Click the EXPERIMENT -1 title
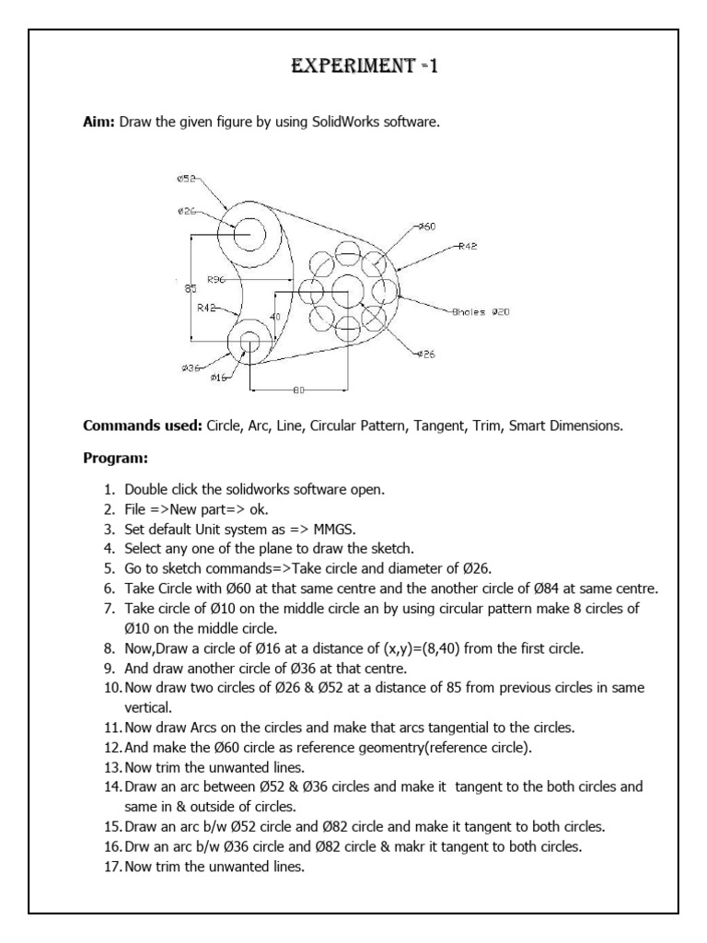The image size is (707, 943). click(x=353, y=66)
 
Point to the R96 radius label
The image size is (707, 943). click(x=217, y=278)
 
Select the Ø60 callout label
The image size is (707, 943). click(x=427, y=226)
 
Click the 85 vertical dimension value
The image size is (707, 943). click(x=191, y=289)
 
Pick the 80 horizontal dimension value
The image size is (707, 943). click(x=298, y=390)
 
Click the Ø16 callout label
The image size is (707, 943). click(x=219, y=378)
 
